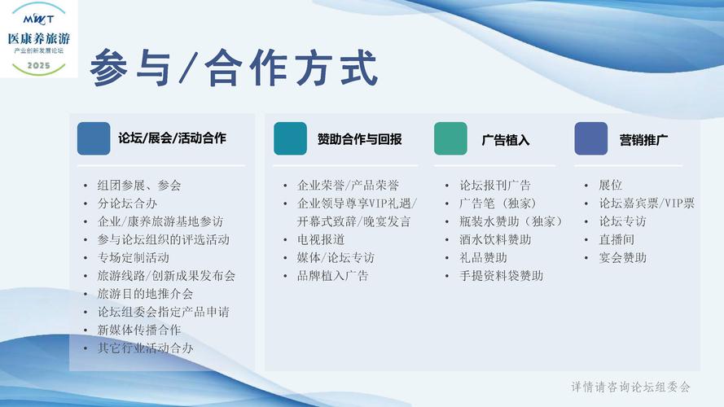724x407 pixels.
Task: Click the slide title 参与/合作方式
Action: pos(234,68)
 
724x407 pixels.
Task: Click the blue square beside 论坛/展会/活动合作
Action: pos(94,138)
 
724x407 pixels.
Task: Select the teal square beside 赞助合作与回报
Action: pos(291,138)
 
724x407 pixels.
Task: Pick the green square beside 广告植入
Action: pos(450,138)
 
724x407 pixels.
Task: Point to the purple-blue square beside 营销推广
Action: pos(591,138)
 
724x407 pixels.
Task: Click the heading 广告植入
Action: pos(505,140)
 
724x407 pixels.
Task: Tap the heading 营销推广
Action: pos(643,140)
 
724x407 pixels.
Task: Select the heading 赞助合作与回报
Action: pos(360,139)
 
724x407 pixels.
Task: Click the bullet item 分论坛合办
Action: pos(127,203)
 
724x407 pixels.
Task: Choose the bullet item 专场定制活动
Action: pos(134,257)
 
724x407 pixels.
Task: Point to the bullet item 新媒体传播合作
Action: pos(139,330)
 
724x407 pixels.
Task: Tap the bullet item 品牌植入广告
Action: pos(333,276)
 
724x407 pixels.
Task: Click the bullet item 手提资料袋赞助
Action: pos(501,276)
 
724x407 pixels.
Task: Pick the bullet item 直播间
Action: pos(616,239)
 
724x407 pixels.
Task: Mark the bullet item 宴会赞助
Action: pos(622,257)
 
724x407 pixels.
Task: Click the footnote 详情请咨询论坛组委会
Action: pos(630,387)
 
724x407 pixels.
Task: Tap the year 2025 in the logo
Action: pos(39,65)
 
